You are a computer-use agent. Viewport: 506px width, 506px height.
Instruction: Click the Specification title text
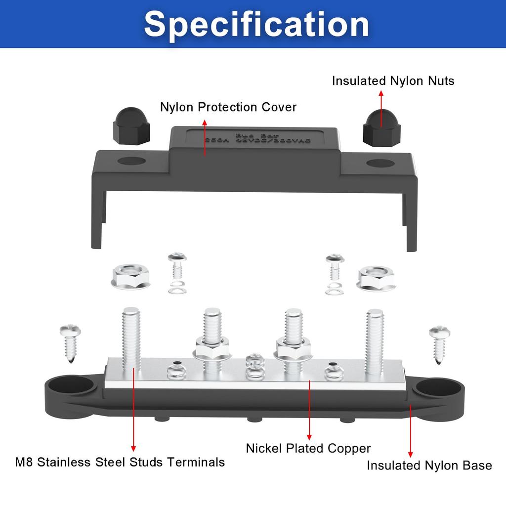pos(256,24)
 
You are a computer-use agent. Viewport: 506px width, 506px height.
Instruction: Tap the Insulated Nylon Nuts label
pos(393,81)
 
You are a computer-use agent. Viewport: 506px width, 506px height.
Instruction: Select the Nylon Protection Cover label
pos(228,107)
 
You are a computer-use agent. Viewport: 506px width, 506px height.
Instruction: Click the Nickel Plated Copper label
pos(308,449)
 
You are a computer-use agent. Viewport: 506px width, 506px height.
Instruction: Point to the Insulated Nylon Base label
pos(429,465)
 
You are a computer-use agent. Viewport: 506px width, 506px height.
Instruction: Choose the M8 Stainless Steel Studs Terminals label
pos(120,463)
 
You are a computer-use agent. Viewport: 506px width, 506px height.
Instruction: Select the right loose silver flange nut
pos(376,278)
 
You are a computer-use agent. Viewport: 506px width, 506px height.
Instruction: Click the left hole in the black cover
pos(132,162)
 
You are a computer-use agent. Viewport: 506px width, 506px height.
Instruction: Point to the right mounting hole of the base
pos(432,388)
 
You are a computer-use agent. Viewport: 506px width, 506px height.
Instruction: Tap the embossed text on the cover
pos(257,139)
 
